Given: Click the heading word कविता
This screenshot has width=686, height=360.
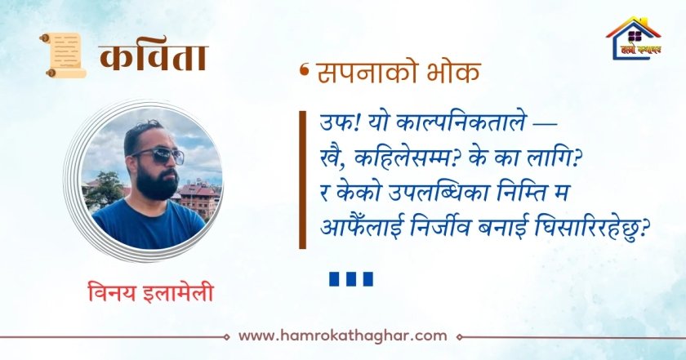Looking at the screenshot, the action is click(154, 58).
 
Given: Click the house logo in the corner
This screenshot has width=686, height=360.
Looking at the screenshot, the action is click(633, 38).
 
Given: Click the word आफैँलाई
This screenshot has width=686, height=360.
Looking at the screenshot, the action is click(360, 229).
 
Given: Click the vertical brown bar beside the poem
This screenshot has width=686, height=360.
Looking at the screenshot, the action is click(302, 180).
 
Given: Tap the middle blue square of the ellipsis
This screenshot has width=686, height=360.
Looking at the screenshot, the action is click(351, 279).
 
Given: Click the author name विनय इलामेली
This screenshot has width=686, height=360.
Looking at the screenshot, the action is click(150, 292).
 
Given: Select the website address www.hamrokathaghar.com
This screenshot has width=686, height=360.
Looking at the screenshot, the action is click(343, 336).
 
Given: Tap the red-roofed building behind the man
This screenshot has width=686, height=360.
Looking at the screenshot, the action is click(199, 198).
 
